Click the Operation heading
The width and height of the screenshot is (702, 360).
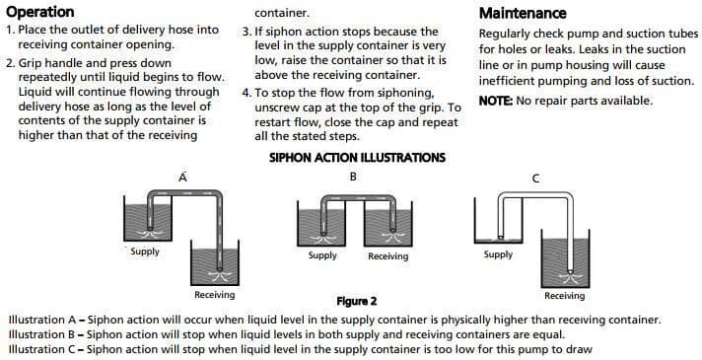tap(40, 12)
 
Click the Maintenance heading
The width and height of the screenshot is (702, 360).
tap(523, 13)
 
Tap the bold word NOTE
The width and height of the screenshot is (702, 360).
tap(496, 101)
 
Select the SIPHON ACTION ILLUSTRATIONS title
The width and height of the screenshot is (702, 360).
tap(357, 158)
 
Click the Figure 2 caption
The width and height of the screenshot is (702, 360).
tap(357, 301)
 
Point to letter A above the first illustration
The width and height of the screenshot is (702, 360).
tap(182, 178)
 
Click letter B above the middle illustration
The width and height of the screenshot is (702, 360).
tap(353, 177)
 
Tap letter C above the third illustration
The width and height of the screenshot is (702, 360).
tap(535, 180)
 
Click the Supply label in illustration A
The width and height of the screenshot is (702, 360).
tap(145, 252)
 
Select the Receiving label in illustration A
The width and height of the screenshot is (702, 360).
tap(215, 295)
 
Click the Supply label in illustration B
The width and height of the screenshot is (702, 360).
tap(322, 255)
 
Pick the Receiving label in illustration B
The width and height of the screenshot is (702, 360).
tap(388, 256)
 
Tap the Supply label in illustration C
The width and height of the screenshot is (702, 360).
tap(498, 254)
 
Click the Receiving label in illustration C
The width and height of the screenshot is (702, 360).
tap(565, 296)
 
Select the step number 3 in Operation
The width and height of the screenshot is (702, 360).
tap(246, 32)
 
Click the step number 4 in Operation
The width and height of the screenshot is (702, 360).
tap(246, 93)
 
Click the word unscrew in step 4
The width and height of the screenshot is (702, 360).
tap(275, 108)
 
